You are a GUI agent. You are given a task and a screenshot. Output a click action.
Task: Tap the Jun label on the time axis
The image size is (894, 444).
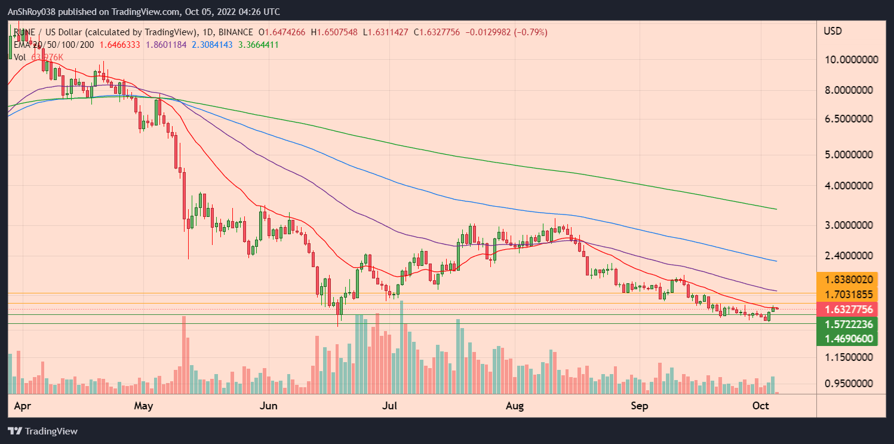tap(269, 406)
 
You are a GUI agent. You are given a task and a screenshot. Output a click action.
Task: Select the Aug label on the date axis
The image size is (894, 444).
tap(514, 406)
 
